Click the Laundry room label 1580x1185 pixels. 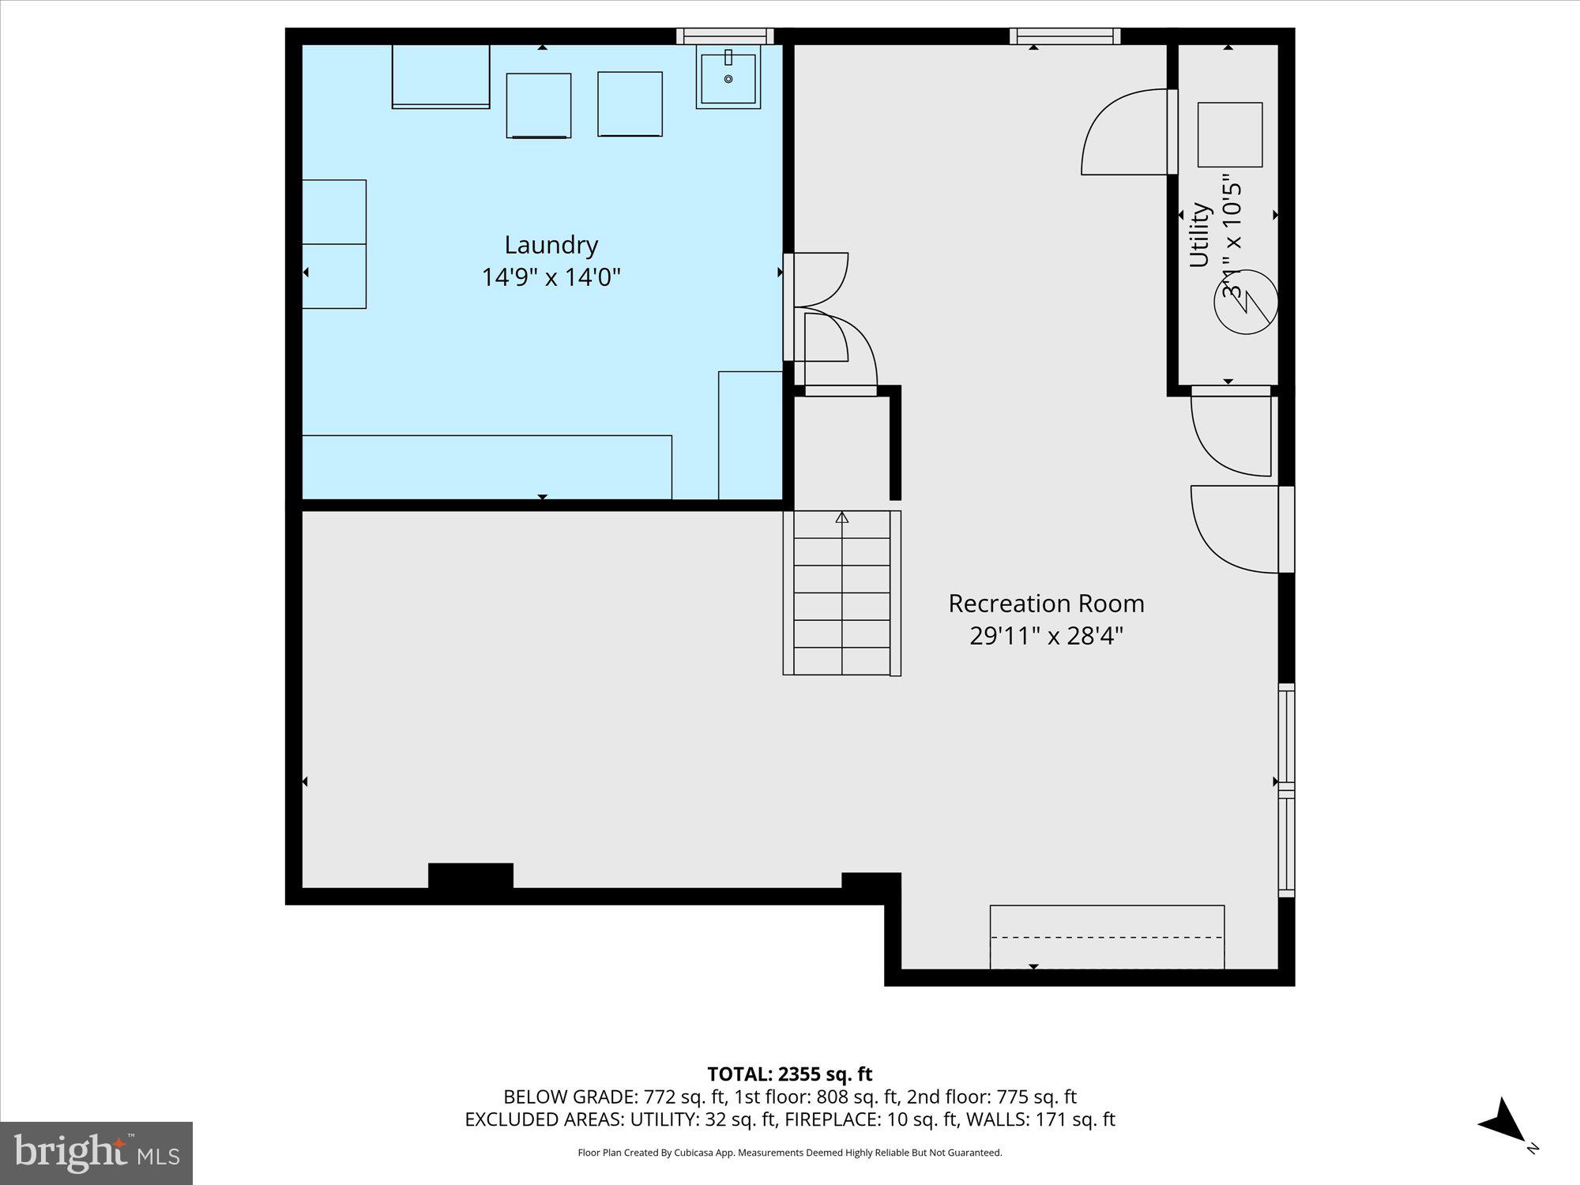[551, 245]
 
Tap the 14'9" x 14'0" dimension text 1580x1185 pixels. [551, 277]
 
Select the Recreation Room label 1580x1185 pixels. [1046, 604]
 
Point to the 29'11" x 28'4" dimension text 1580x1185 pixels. [1046, 636]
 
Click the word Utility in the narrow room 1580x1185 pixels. [1199, 235]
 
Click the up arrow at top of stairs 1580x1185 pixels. [842, 517]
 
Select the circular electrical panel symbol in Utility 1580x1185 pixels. [1246, 302]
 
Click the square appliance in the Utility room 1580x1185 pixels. [1229, 134]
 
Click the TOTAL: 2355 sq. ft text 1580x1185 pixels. [789, 1074]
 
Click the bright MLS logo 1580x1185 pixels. [96, 1153]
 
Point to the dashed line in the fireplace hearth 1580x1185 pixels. [1106, 937]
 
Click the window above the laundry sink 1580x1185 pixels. [724, 36]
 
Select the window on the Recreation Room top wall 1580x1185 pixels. [1065, 36]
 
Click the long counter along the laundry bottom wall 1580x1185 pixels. [487, 467]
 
